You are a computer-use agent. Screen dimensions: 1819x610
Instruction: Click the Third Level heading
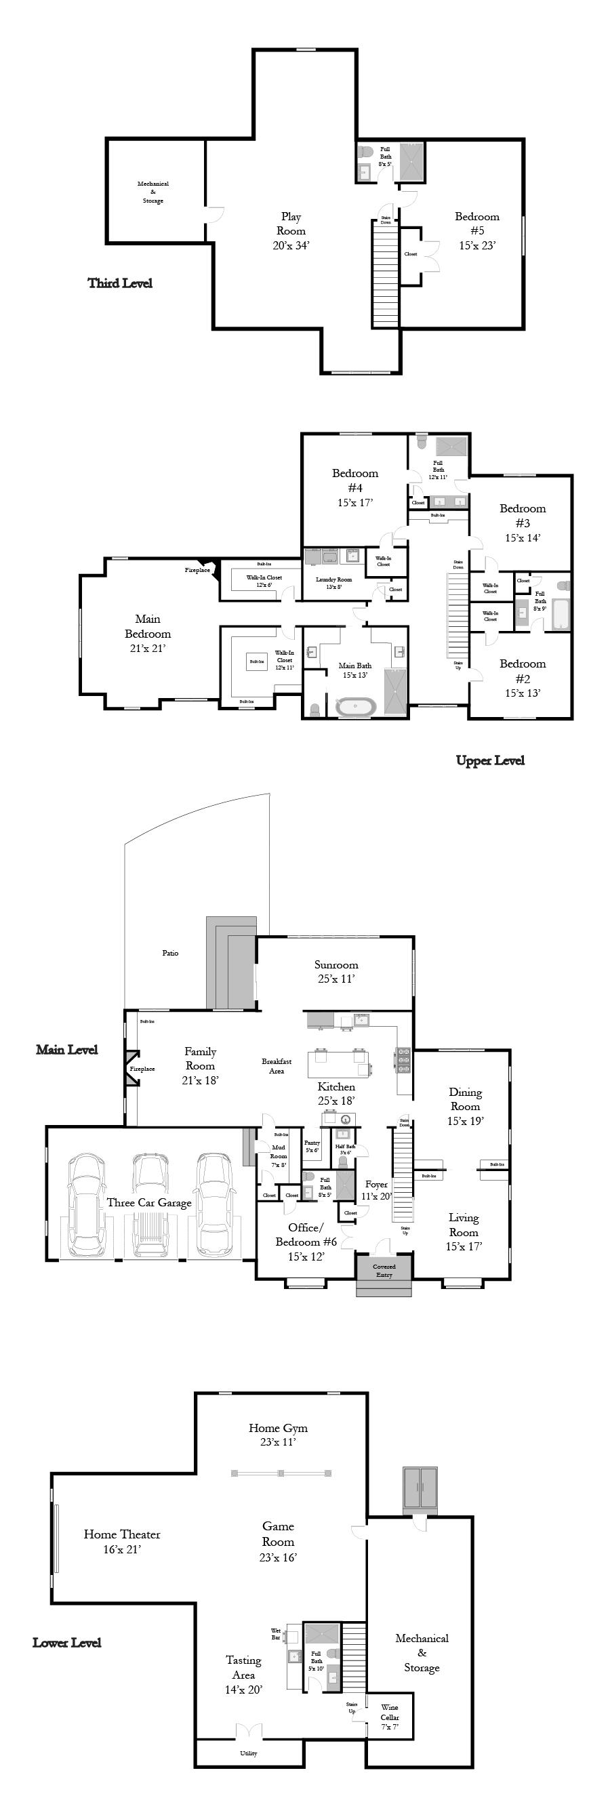click(x=120, y=283)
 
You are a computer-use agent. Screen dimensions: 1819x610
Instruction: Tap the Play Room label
click(x=291, y=224)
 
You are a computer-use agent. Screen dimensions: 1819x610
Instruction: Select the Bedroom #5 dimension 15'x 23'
click(x=477, y=246)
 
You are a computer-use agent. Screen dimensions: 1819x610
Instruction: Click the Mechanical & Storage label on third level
click(x=153, y=192)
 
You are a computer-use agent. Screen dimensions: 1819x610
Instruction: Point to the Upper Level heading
click(x=490, y=760)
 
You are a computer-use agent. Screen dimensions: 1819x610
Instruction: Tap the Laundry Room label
click(x=333, y=579)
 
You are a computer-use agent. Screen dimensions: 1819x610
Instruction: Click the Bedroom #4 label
click(x=355, y=481)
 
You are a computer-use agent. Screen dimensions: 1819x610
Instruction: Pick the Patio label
click(x=171, y=954)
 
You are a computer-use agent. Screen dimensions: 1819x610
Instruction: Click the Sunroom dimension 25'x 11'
click(x=336, y=979)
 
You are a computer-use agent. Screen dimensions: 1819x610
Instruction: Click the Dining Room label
click(x=464, y=1099)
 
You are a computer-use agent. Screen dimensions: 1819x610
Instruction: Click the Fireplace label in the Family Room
click(x=142, y=1069)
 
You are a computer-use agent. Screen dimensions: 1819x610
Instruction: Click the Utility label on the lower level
click(x=249, y=1753)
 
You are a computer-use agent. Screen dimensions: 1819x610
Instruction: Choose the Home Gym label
click(x=278, y=1428)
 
